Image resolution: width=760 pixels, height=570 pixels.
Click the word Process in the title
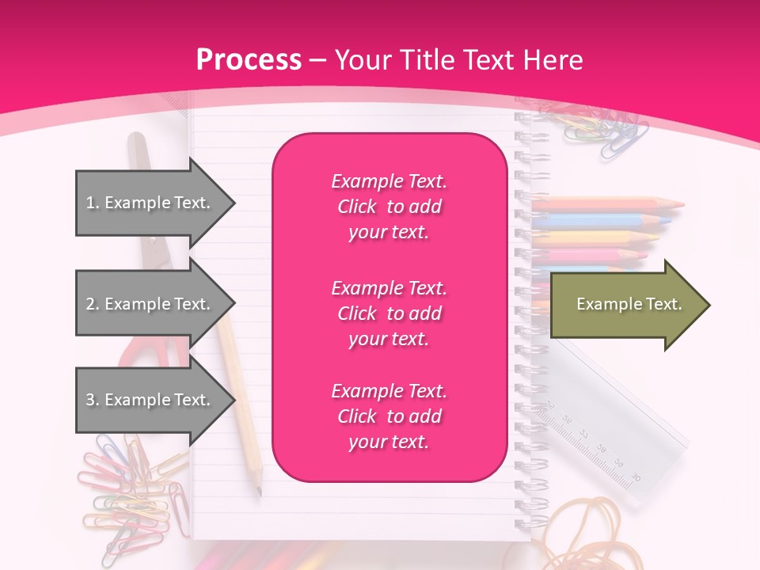[x=249, y=60]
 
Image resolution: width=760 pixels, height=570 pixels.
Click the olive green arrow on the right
[x=625, y=305]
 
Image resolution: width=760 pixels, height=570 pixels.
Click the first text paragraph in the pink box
[x=389, y=207]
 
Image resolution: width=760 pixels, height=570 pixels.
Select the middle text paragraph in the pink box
[x=389, y=313]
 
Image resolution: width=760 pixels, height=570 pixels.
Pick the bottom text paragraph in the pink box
[x=389, y=416]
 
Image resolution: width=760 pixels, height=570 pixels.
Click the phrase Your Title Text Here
[x=459, y=60]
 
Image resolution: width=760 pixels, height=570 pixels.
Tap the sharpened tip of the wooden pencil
[x=260, y=492]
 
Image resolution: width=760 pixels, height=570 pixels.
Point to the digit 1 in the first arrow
[x=90, y=203]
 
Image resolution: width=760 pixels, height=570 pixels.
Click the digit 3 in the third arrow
[x=90, y=401]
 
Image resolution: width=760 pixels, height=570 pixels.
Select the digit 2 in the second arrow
[x=90, y=305]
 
